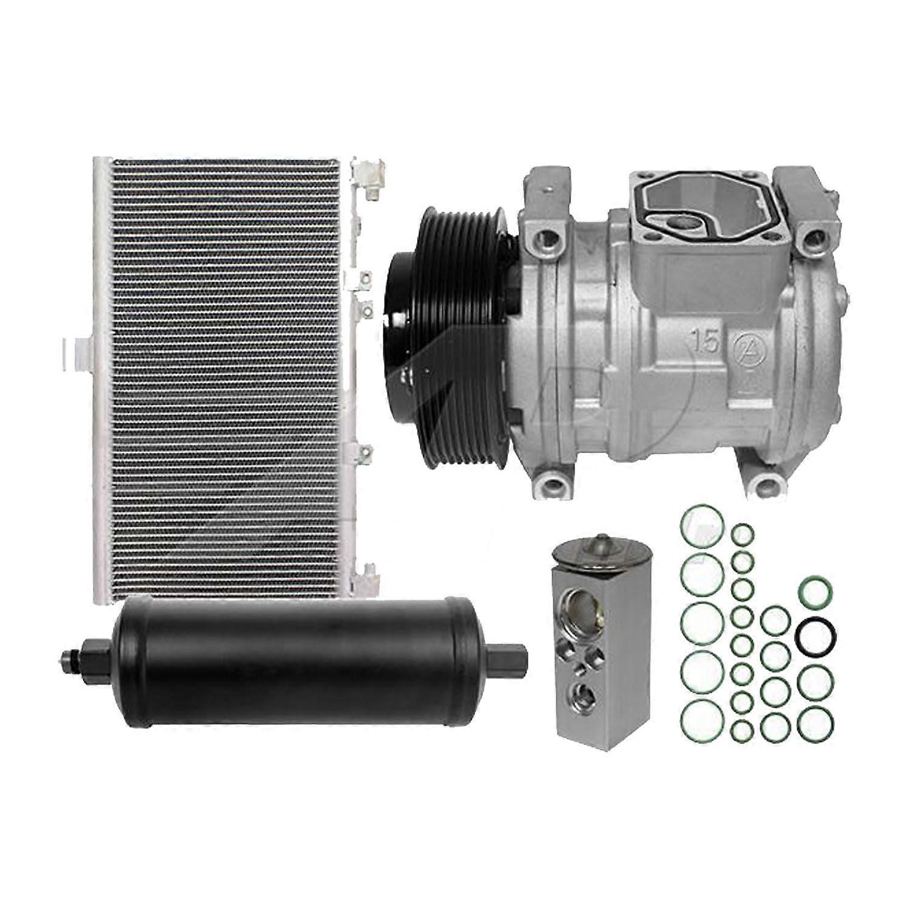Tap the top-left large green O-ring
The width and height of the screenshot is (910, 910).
pyautogui.click(x=703, y=525)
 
